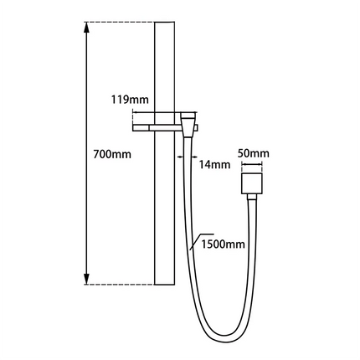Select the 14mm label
coord(215,164)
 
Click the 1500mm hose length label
coord(223,244)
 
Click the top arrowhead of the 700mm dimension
coord(86,28)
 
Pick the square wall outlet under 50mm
coord(252,185)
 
